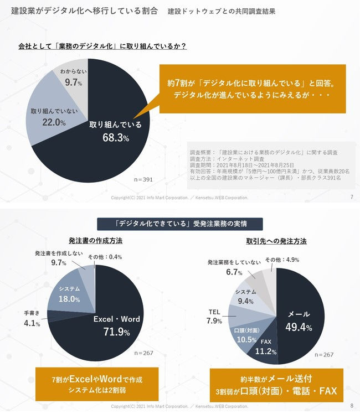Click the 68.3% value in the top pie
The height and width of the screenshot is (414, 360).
pyautogui.click(x=115, y=138)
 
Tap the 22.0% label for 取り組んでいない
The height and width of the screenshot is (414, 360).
pyautogui.click(x=47, y=123)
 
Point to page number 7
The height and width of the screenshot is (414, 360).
pyautogui.click(x=352, y=197)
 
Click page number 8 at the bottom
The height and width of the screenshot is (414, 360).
pyautogui.click(x=352, y=406)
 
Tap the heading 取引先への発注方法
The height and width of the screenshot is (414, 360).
pyautogui.click(x=276, y=241)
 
